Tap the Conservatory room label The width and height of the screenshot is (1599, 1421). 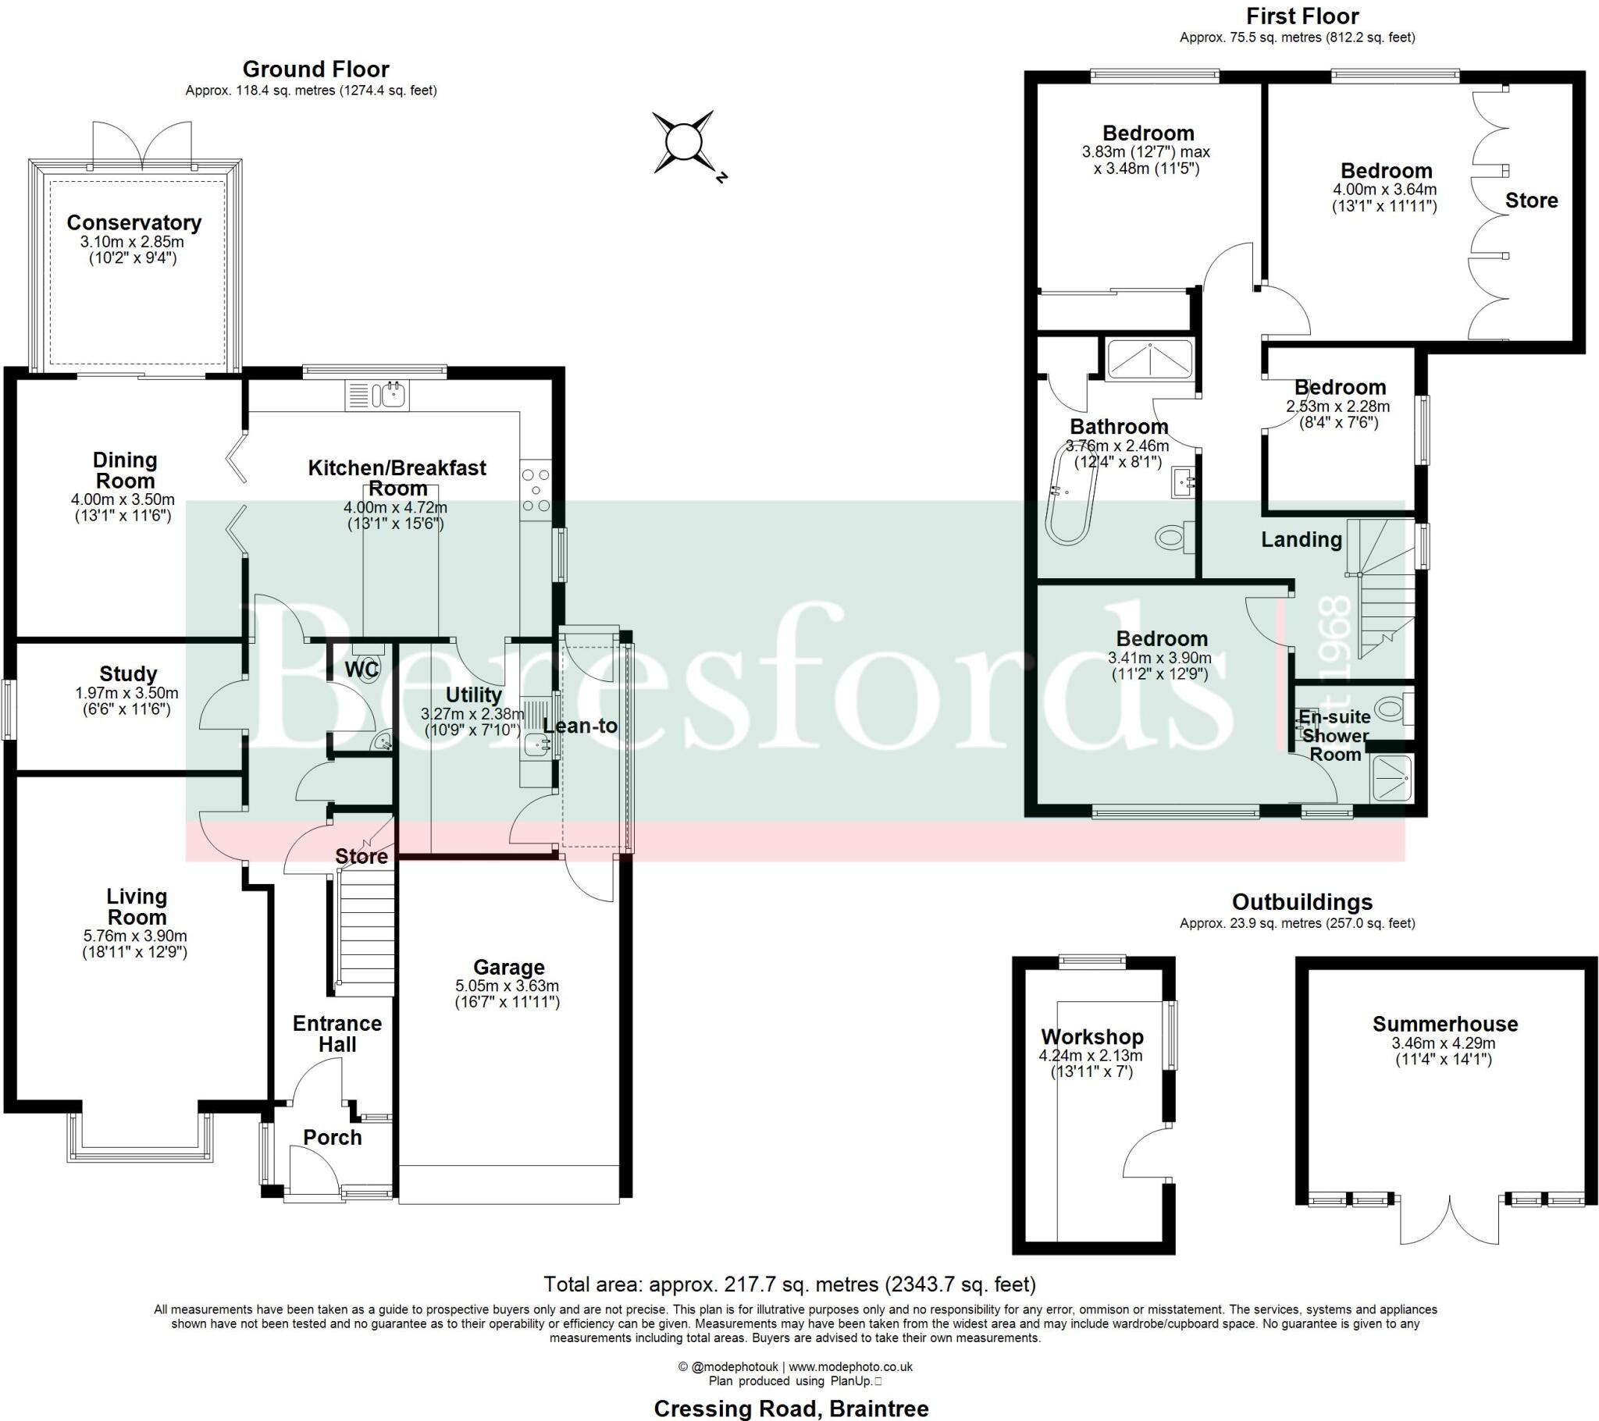134,223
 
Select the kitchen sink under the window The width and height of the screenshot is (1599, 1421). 390,395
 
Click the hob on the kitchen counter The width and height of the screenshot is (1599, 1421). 536,490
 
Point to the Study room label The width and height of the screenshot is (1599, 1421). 128,673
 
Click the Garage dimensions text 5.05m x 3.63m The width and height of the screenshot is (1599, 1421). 507,986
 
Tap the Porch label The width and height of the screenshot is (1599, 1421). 333,1137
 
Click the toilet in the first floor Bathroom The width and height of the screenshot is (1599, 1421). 1170,538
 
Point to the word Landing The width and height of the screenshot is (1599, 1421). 1301,540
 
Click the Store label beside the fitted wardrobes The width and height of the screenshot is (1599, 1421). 1531,201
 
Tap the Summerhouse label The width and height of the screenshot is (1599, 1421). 1445,1024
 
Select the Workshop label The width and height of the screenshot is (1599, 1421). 1092,1037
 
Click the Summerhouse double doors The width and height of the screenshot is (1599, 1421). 1450,1220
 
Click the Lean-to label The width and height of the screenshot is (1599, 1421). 580,726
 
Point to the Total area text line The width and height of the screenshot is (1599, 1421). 789,1284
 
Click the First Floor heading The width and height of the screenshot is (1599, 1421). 1302,16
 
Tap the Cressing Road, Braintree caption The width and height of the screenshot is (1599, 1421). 791,1409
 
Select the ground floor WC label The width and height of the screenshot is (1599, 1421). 361,670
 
